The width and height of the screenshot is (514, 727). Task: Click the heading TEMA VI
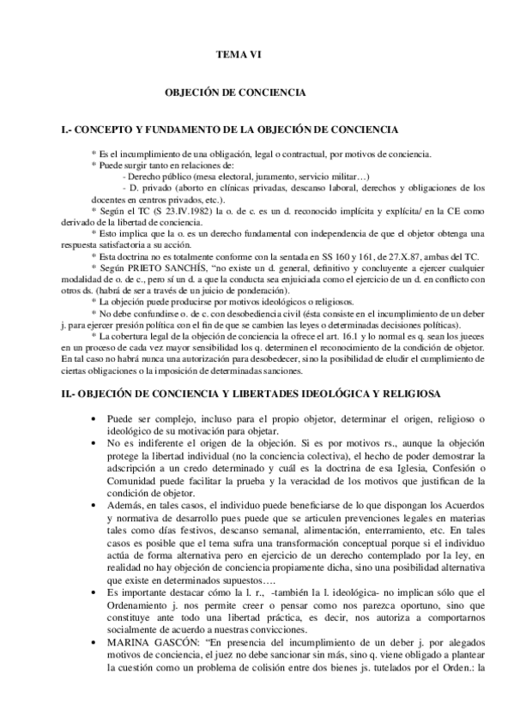237,54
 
